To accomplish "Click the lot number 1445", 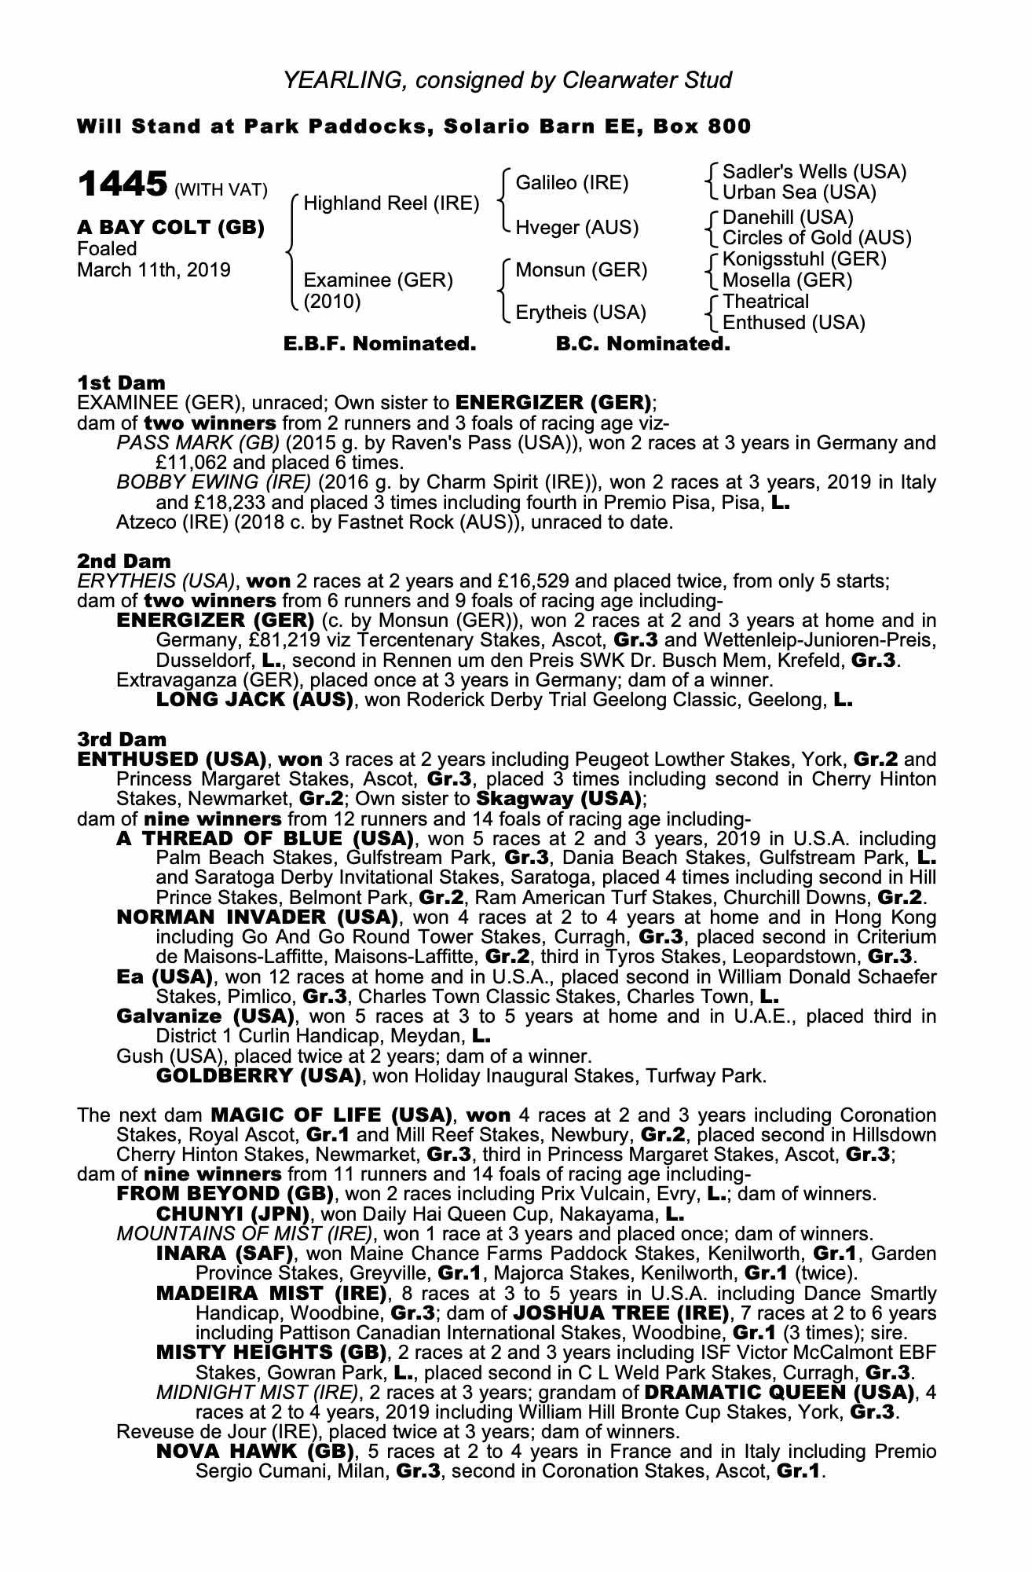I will (122, 185).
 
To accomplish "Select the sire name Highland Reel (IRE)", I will (391, 203).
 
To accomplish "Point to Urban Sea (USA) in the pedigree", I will (799, 192).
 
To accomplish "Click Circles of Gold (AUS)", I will (817, 237).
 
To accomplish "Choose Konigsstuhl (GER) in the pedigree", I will (804, 258).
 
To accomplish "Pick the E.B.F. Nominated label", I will (379, 344).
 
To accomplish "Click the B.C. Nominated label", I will (642, 344).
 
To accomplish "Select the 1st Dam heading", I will (122, 383).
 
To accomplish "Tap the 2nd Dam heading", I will (124, 561).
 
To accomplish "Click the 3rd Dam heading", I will (122, 739).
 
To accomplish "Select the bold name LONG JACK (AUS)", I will (254, 700).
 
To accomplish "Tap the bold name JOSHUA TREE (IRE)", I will (620, 1313).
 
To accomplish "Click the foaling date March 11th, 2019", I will (154, 270).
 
